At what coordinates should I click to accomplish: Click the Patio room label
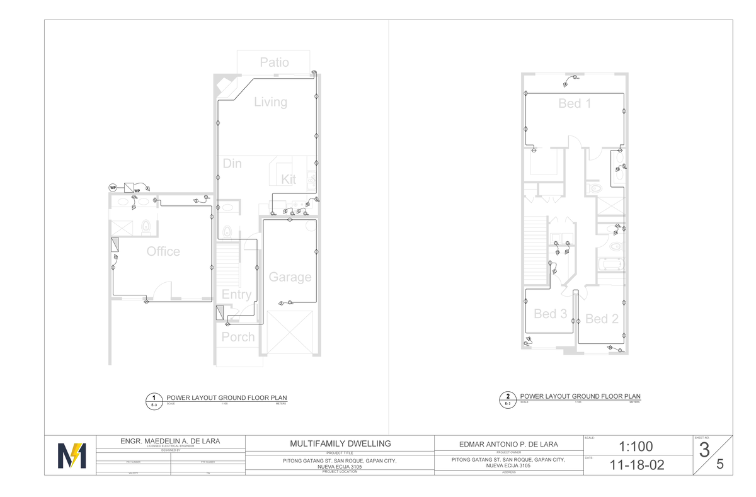(x=275, y=62)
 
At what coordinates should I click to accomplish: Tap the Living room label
(x=270, y=102)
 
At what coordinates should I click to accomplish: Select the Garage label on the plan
(x=290, y=277)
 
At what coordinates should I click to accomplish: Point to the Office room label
(x=163, y=251)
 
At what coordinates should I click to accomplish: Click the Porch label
(x=238, y=337)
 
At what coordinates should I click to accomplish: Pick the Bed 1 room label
(x=575, y=103)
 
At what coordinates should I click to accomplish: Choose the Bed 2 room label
(x=602, y=319)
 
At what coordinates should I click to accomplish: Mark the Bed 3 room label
(x=550, y=314)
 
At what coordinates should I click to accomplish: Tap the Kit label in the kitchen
(x=289, y=180)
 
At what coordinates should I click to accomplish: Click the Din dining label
(x=232, y=164)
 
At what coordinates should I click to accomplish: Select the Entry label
(x=236, y=295)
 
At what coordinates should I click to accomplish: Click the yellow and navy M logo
(x=71, y=455)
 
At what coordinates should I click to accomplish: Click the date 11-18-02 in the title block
(x=637, y=466)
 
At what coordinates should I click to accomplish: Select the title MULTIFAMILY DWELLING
(x=339, y=443)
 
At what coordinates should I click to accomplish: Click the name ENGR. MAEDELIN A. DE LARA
(x=170, y=440)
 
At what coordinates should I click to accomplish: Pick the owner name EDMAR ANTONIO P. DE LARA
(x=508, y=443)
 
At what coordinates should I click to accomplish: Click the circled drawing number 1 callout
(x=153, y=398)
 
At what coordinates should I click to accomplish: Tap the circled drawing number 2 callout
(x=508, y=397)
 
